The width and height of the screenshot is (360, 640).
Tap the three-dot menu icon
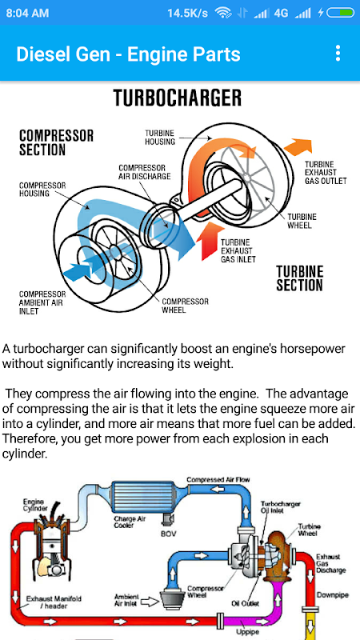click(338, 53)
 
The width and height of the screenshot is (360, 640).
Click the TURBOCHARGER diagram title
click(178, 98)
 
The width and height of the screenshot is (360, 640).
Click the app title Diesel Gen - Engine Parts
click(128, 54)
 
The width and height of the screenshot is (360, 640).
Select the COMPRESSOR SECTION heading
click(56, 142)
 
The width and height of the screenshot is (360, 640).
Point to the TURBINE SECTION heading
click(299, 278)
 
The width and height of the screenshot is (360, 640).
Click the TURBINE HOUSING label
click(160, 138)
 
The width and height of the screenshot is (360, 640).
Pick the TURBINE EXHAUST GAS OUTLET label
click(326, 172)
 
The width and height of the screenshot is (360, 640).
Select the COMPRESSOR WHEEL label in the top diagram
click(186, 306)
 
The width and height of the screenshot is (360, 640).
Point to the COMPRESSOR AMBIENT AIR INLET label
click(42, 302)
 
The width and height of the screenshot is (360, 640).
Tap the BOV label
click(168, 534)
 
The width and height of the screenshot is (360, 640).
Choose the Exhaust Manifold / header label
click(54, 602)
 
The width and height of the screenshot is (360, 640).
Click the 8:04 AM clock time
click(27, 13)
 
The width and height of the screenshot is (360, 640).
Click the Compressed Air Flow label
click(218, 479)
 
